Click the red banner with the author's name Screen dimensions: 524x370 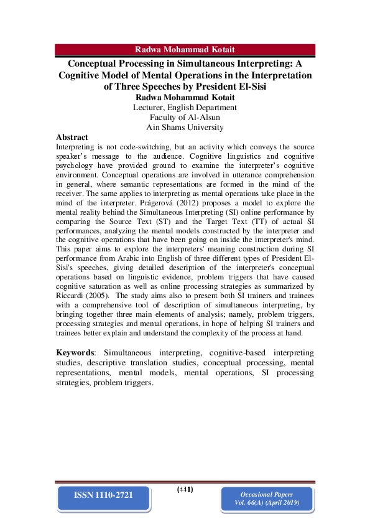[185, 49]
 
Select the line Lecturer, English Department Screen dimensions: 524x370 [185, 107]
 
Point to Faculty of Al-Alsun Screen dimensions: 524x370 [185, 117]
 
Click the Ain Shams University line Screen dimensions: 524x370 [185, 127]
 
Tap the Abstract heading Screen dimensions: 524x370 [72, 137]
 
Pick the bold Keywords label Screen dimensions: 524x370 [78, 353]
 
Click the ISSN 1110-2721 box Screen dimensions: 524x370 [104, 495]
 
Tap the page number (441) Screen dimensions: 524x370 [185, 489]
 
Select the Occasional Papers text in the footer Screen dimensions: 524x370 [267, 494]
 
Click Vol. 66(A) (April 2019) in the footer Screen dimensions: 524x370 [267, 503]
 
